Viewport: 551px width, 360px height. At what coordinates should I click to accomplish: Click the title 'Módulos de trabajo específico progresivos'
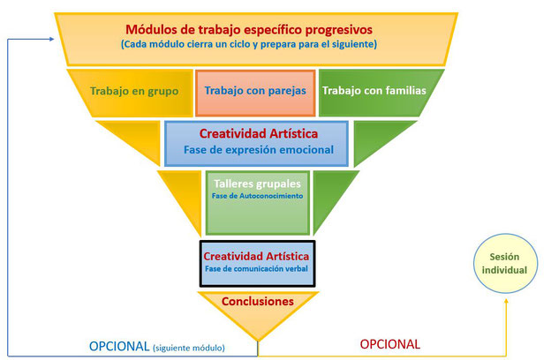tap(249, 29)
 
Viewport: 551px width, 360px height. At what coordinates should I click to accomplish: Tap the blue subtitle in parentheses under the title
tap(249, 44)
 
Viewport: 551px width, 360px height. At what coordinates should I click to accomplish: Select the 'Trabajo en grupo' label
tap(134, 91)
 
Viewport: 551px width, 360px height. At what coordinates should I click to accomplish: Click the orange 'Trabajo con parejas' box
tap(255, 93)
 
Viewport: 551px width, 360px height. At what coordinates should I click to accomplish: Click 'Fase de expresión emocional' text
tap(258, 150)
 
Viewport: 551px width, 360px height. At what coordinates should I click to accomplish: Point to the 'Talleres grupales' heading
tap(257, 184)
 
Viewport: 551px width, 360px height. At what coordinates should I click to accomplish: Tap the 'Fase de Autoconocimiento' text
tap(257, 196)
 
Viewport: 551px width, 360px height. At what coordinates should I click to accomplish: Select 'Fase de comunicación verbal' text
tap(257, 269)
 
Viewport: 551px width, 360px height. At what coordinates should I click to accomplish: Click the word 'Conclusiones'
tap(258, 301)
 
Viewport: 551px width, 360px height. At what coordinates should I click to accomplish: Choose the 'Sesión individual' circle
tap(505, 264)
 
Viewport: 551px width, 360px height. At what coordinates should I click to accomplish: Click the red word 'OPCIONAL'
tap(390, 344)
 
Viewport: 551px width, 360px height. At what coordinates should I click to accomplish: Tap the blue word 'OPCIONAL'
tap(119, 346)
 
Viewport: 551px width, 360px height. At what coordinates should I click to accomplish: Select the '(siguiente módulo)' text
tap(189, 348)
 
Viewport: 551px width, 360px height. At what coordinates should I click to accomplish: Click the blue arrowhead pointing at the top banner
tap(51, 39)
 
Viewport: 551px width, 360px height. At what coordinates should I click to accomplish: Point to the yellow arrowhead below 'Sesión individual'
tap(506, 301)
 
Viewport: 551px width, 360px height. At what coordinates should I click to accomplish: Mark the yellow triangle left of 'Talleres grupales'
tap(184, 198)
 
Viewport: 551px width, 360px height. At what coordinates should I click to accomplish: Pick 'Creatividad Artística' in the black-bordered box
tap(256, 256)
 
